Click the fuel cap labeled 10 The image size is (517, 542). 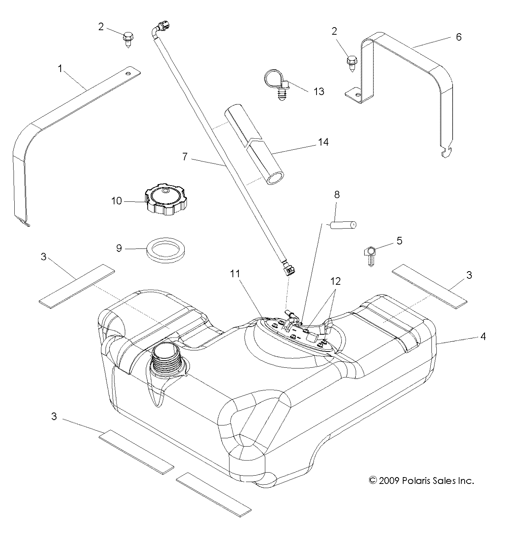point(165,200)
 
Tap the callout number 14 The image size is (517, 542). point(323,142)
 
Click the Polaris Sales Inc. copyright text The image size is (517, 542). point(421,481)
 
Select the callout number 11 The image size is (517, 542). point(235,273)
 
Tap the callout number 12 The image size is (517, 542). point(335,281)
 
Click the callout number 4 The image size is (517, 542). point(483,336)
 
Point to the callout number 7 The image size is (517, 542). point(185,157)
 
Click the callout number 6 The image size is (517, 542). point(459,37)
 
